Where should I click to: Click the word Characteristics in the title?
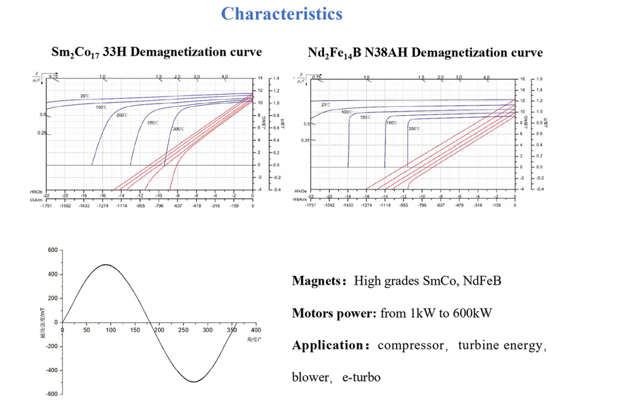click(x=282, y=13)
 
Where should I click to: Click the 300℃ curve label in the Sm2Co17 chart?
click(x=178, y=129)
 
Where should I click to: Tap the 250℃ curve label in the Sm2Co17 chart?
click(x=152, y=123)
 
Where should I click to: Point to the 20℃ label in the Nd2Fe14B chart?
click(x=325, y=104)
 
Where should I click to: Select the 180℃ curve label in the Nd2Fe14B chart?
click(x=391, y=123)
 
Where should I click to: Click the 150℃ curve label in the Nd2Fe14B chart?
click(x=365, y=117)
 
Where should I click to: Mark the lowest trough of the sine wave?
click(x=195, y=382)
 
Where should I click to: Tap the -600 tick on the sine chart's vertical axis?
click(x=52, y=394)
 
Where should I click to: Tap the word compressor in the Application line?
click(x=411, y=345)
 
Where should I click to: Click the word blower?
click(x=310, y=377)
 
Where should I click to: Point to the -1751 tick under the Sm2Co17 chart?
click(x=47, y=204)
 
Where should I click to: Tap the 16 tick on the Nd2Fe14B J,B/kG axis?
click(x=523, y=79)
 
